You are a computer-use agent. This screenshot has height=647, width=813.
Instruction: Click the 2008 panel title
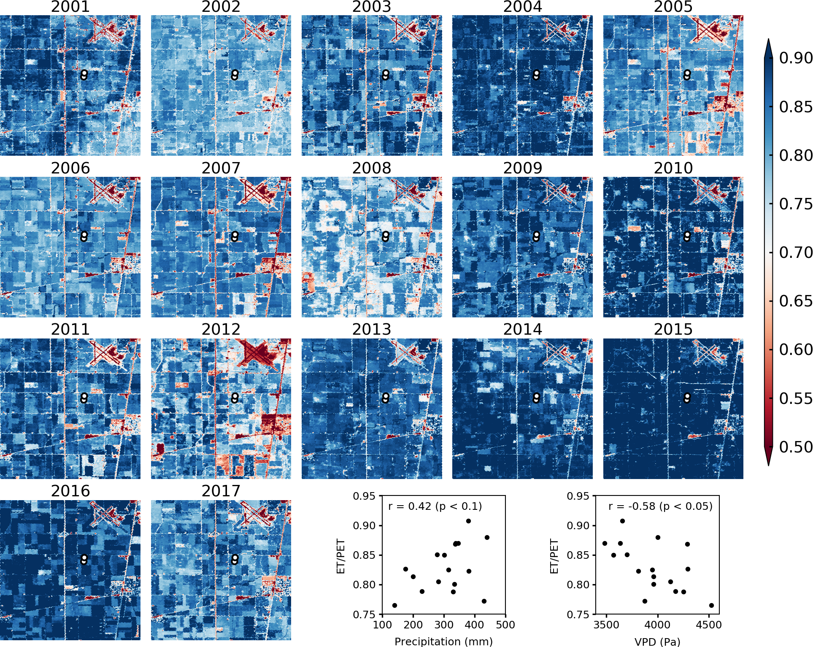point(372,168)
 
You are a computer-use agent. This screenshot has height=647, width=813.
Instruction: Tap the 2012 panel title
point(221,329)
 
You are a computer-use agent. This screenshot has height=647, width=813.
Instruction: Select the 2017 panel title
point(221,491)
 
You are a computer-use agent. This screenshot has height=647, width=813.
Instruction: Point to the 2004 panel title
point(522,7)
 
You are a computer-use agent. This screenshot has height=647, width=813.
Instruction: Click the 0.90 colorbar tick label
point(795,58)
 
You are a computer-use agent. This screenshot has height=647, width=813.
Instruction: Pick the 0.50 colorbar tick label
point(795,447)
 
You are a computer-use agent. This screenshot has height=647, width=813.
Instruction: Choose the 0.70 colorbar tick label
point(795,252)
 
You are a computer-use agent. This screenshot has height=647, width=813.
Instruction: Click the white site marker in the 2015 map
point(687,398)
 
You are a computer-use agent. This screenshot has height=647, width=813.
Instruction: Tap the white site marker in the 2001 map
point(84,75)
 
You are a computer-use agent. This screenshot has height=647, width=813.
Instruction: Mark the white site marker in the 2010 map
point(687,236)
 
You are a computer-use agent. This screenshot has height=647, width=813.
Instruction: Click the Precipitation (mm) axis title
point(443,642)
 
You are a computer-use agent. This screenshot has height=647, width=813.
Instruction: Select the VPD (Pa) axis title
point(657,642)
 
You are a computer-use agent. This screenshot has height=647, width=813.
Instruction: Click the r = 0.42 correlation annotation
point(435,506)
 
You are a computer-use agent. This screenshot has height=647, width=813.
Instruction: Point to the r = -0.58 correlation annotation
point(660,506)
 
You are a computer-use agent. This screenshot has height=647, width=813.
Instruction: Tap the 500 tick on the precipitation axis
point(505,625)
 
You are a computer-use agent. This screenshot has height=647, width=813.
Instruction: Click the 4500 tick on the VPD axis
point(709,625)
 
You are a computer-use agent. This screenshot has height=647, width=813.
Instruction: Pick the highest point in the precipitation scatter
point(468,521)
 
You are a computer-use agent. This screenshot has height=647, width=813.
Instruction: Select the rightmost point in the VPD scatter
point(711,605)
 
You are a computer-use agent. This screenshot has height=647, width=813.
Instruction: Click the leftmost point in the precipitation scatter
point(394,605)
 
